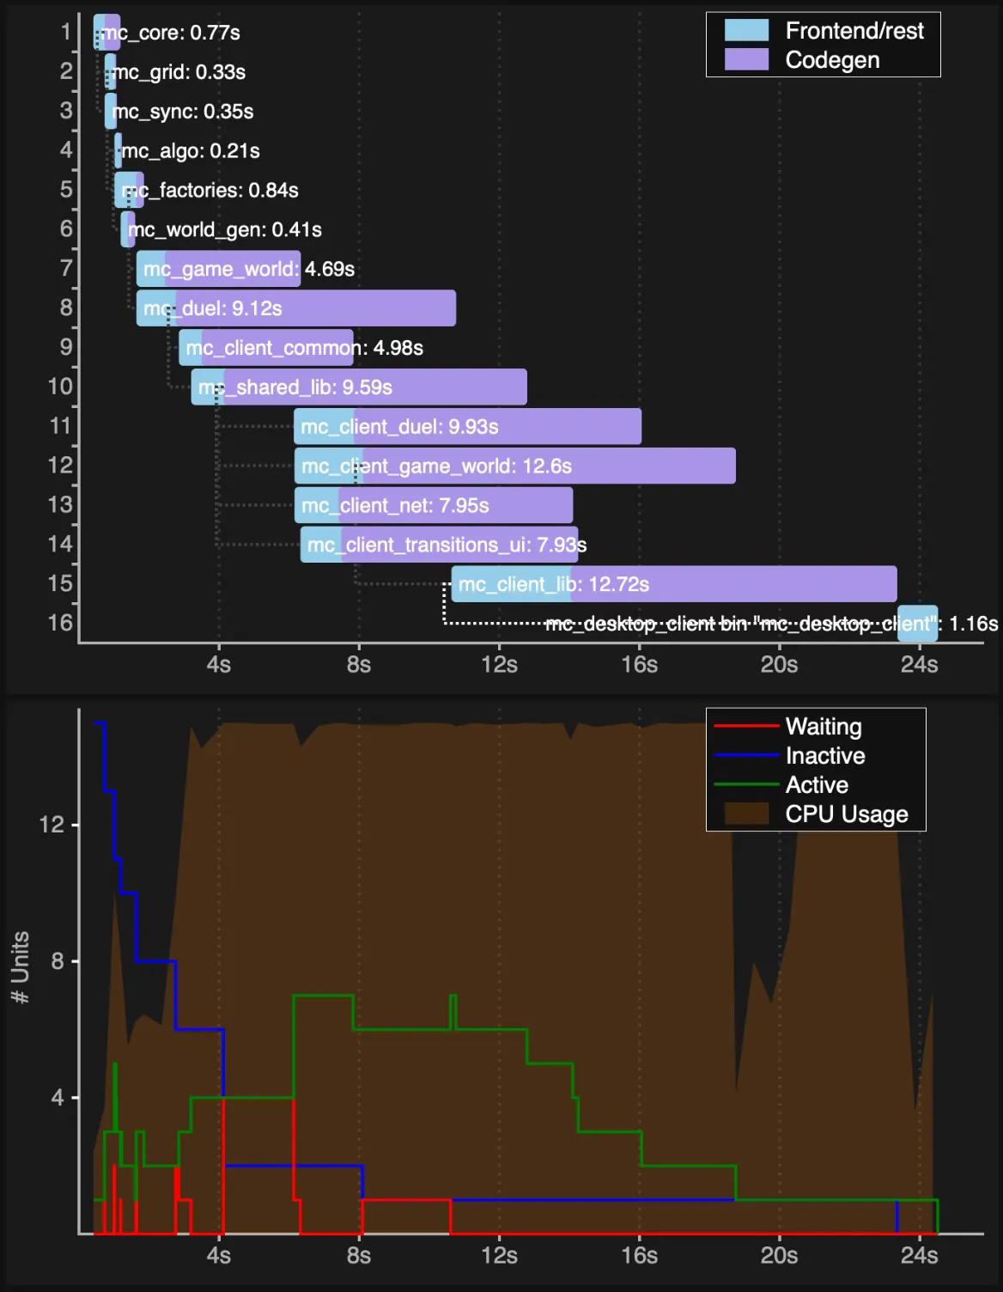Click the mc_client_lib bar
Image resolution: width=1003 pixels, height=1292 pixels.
tap(674, 584)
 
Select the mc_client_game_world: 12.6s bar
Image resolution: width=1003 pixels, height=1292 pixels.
tap(514, 466)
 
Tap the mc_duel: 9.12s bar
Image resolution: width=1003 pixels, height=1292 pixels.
tap(295, 308)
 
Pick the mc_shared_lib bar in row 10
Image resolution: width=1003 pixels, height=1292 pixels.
tap(359, 387)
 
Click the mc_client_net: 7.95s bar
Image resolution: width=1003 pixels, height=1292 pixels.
tap(434, 505)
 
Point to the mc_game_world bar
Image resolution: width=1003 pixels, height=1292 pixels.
tap(218, 269)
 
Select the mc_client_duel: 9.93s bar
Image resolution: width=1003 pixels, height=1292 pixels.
tap(467, 427)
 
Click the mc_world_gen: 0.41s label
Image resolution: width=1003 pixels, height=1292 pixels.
tap(225, 230)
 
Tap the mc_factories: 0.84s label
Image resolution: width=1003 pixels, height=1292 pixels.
tap(211, 191)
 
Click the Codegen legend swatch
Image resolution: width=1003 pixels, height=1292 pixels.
tap(746, 60)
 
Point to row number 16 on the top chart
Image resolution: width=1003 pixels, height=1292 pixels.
tap(60, 623)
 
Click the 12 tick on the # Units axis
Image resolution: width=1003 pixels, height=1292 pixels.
tap(52, 825)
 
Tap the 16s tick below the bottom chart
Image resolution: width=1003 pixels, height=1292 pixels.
tap(639, 1256)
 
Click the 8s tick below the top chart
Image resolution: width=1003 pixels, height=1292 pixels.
tap(359, 665)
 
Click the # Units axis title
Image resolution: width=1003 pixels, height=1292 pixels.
tap(20, 967)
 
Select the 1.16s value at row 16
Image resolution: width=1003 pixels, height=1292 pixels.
tap(973, 624)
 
